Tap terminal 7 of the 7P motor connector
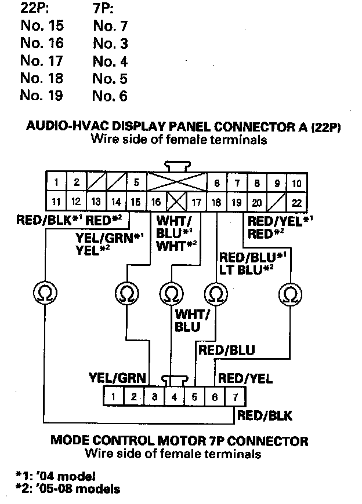[x=234, y=397]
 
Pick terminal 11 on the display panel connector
[x=56, y=202]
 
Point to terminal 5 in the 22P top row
[x=136, y=183]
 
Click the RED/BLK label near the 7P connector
[x=265, y=415]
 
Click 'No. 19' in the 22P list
[x=41, y=96]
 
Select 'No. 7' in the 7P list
[x=110, y=26]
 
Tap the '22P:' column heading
[x=35, y=9]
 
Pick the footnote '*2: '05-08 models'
[x=68, y=490]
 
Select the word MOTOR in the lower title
[x=182, y=440]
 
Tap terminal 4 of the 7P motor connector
[x=175, y=397]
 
